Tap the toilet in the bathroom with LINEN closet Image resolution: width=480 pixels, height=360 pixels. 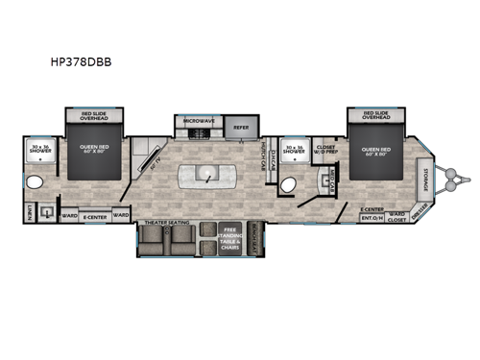coord(34,182)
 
